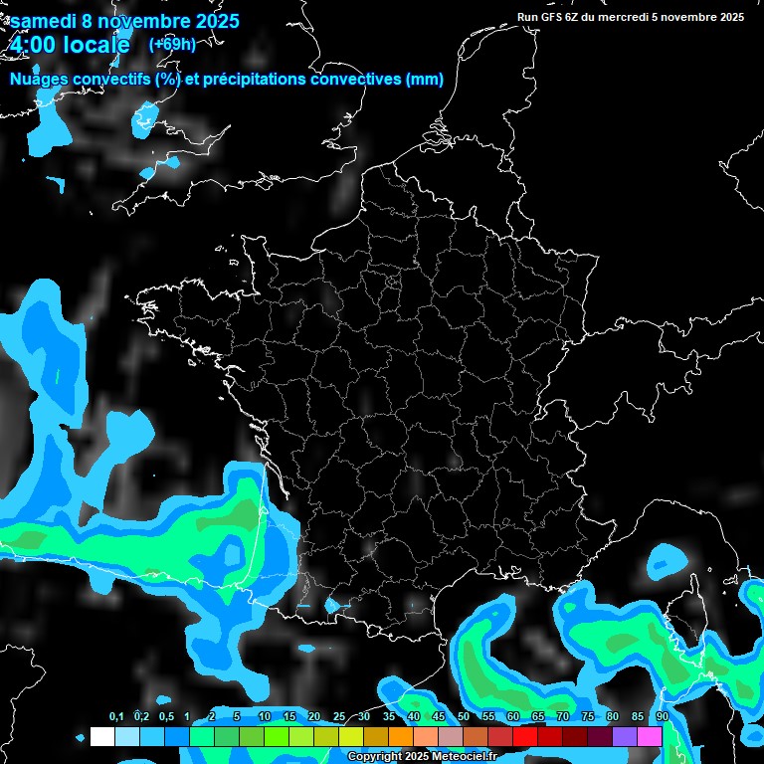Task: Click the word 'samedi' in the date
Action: pyautogui.click(x=45, y=20)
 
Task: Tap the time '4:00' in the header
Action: pyautogui.click(x=34, y=45)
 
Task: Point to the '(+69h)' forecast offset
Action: pyautogui.click(x=172, y=44)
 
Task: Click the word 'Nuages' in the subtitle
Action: pyautogui.click(x=40, y=80)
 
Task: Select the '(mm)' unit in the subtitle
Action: pyautogui.click(x=424, y=80)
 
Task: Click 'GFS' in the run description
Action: pyautogui.click(x=553, y=17)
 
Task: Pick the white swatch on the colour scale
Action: pyautogui.click(x=101, y=736)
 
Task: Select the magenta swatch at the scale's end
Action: pyautogui.click(x=650, y=736)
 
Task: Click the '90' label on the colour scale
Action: pyautogui.click(x=663, y=716)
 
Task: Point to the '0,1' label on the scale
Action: pyautogui.click(x=115, y=716)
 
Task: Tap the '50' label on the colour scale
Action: pyautogui.click(x=464, y=716)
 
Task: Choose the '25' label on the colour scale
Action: pyautogui.click(x=339, y=716)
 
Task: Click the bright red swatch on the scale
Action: pyautogui.click(x=525, y=736)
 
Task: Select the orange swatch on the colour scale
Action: pyautogui.click(x=401, y=736)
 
